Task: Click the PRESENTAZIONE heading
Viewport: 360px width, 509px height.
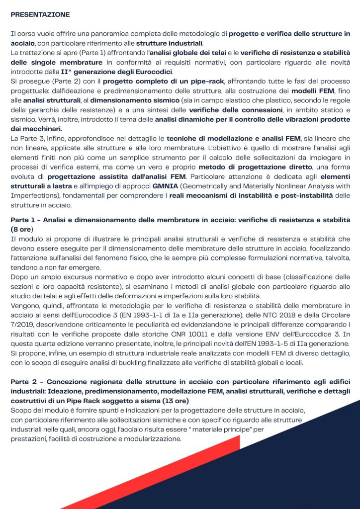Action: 40,15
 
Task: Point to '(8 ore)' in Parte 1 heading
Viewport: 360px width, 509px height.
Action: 21,229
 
